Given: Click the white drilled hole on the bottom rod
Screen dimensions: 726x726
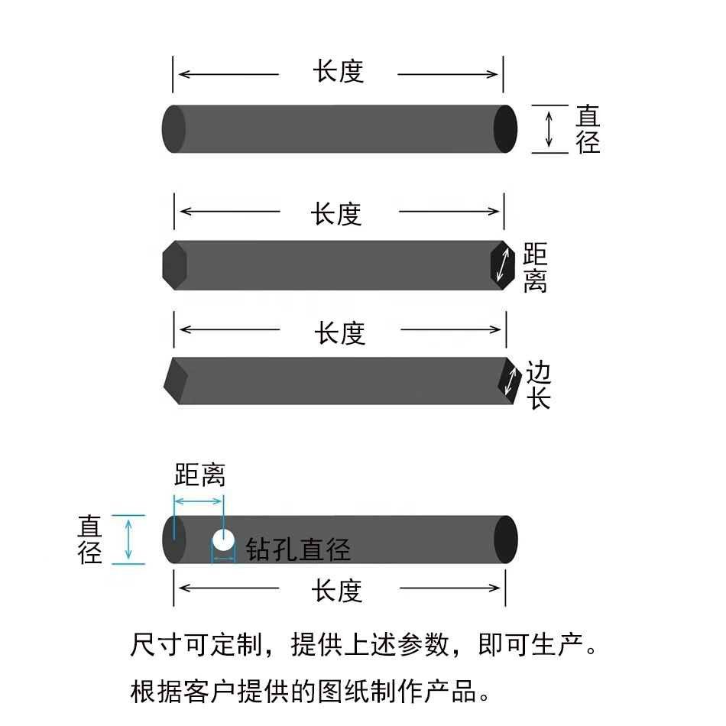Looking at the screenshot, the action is point(223,540).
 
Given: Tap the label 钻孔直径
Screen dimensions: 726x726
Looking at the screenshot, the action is point(298,549).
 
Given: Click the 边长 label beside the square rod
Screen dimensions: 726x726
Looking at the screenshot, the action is point(539,385).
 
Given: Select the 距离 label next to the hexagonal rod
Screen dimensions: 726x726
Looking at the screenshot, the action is point(535,267).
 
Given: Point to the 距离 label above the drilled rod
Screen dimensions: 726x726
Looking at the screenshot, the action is point(200,475).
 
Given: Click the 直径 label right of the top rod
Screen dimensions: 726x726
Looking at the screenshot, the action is point(588,128).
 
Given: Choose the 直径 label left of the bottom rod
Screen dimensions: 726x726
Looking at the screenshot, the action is point(89,540).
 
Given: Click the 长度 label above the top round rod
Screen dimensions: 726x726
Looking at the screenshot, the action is point(339,71).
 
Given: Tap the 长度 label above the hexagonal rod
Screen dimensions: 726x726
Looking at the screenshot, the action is point(336,214).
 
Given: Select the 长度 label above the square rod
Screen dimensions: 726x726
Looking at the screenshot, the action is point(340,333).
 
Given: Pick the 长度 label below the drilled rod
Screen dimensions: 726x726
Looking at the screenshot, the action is point(336,591).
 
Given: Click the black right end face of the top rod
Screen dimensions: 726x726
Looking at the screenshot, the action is point(505,128).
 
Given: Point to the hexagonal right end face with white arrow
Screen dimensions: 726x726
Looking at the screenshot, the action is point(502,265).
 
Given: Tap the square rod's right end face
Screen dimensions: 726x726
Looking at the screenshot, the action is point(509,381).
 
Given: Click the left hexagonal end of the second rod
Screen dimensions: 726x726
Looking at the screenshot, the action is point(174,265).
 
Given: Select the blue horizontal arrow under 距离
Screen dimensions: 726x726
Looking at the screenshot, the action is point(199,501).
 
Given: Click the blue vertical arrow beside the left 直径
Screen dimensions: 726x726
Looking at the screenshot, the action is point(128,540).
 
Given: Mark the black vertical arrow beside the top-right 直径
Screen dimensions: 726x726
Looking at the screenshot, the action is point(549,129).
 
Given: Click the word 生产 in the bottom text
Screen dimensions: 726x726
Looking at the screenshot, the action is point(557,644).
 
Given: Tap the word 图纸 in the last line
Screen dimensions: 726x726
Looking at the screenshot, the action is point(343,692).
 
